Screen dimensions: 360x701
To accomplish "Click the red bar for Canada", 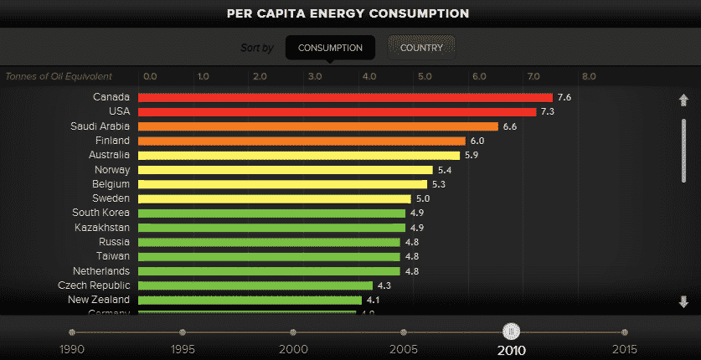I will (345, 97).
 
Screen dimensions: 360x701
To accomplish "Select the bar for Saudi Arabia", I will (318, 126).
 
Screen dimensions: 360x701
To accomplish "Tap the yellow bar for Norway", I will (285, 170).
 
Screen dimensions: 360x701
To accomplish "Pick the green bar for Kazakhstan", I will (271, 228).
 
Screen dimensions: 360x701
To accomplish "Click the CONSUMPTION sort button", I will (330, 48).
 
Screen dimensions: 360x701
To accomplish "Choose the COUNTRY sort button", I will (421, 48).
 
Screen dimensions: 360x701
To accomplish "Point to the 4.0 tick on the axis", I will (369, 76).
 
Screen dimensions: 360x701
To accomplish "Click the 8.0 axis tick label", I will (589, 76).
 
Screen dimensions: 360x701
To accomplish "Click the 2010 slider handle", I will (512, 332).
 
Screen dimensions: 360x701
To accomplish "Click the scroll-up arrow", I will (683, 100).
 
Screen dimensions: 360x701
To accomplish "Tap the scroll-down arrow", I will (683, 301).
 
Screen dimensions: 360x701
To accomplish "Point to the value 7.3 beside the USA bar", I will (548, 112).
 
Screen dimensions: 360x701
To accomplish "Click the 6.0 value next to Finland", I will (477, 141).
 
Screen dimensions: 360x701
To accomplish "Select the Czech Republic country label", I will (94, 285).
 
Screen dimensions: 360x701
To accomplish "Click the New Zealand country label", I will (99, 300).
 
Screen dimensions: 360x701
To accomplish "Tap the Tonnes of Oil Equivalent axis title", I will (59, 76).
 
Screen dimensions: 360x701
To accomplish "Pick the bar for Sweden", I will (274, 199).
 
